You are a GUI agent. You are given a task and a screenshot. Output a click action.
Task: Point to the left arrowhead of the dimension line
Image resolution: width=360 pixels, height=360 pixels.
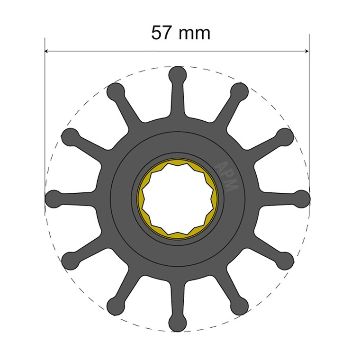47,51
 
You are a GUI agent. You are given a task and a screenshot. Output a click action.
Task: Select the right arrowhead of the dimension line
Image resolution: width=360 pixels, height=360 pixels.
306,51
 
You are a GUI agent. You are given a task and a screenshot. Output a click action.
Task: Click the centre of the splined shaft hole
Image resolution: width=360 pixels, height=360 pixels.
177,198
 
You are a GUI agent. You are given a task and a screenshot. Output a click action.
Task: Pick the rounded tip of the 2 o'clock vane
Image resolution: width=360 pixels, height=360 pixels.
285,136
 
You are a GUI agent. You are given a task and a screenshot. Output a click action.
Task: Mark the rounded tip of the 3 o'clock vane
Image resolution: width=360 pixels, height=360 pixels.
301,198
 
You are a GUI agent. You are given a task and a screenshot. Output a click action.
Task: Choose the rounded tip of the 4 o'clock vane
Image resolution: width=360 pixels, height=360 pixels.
285,260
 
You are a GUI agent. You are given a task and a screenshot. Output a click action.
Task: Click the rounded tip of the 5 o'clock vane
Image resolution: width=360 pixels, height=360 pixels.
240,305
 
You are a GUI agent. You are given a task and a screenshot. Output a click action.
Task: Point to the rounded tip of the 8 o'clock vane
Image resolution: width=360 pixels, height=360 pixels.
70,260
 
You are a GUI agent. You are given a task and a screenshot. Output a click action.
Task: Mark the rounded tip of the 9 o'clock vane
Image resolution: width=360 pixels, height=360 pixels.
53,198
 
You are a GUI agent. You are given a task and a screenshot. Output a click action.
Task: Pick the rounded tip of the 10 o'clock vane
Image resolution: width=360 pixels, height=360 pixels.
70,136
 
